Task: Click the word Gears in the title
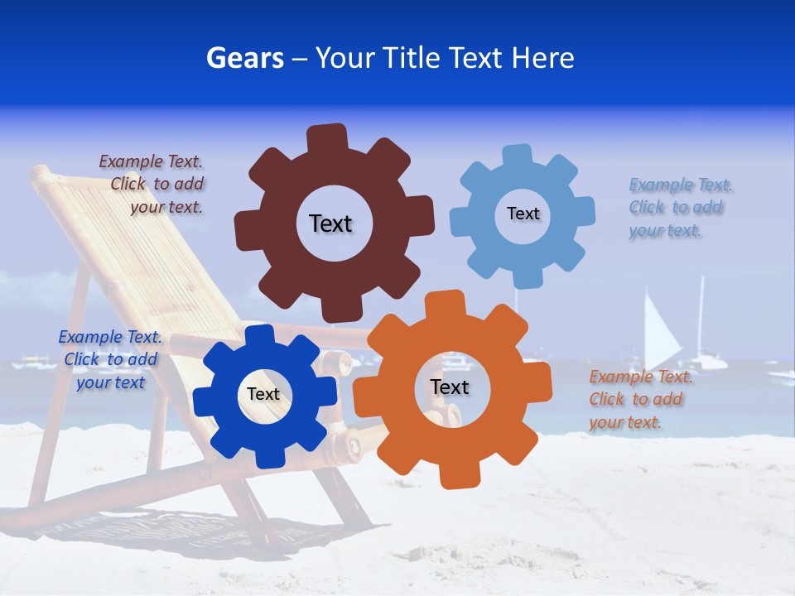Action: pyautogui.click(x=244, y=58)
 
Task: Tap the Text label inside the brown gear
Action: pyautogui.click(x=330, y=223)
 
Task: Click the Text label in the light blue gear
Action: pyautogui.click(x=523, y=214)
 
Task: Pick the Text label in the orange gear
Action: pyautogui.click(x=450, y=387)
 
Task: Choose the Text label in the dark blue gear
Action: pyautogui.click(x=263, y=394)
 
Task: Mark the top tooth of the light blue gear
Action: pyautogui.click(x=518, y=155)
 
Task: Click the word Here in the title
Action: pyautogui.click(x=542, y=58)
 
